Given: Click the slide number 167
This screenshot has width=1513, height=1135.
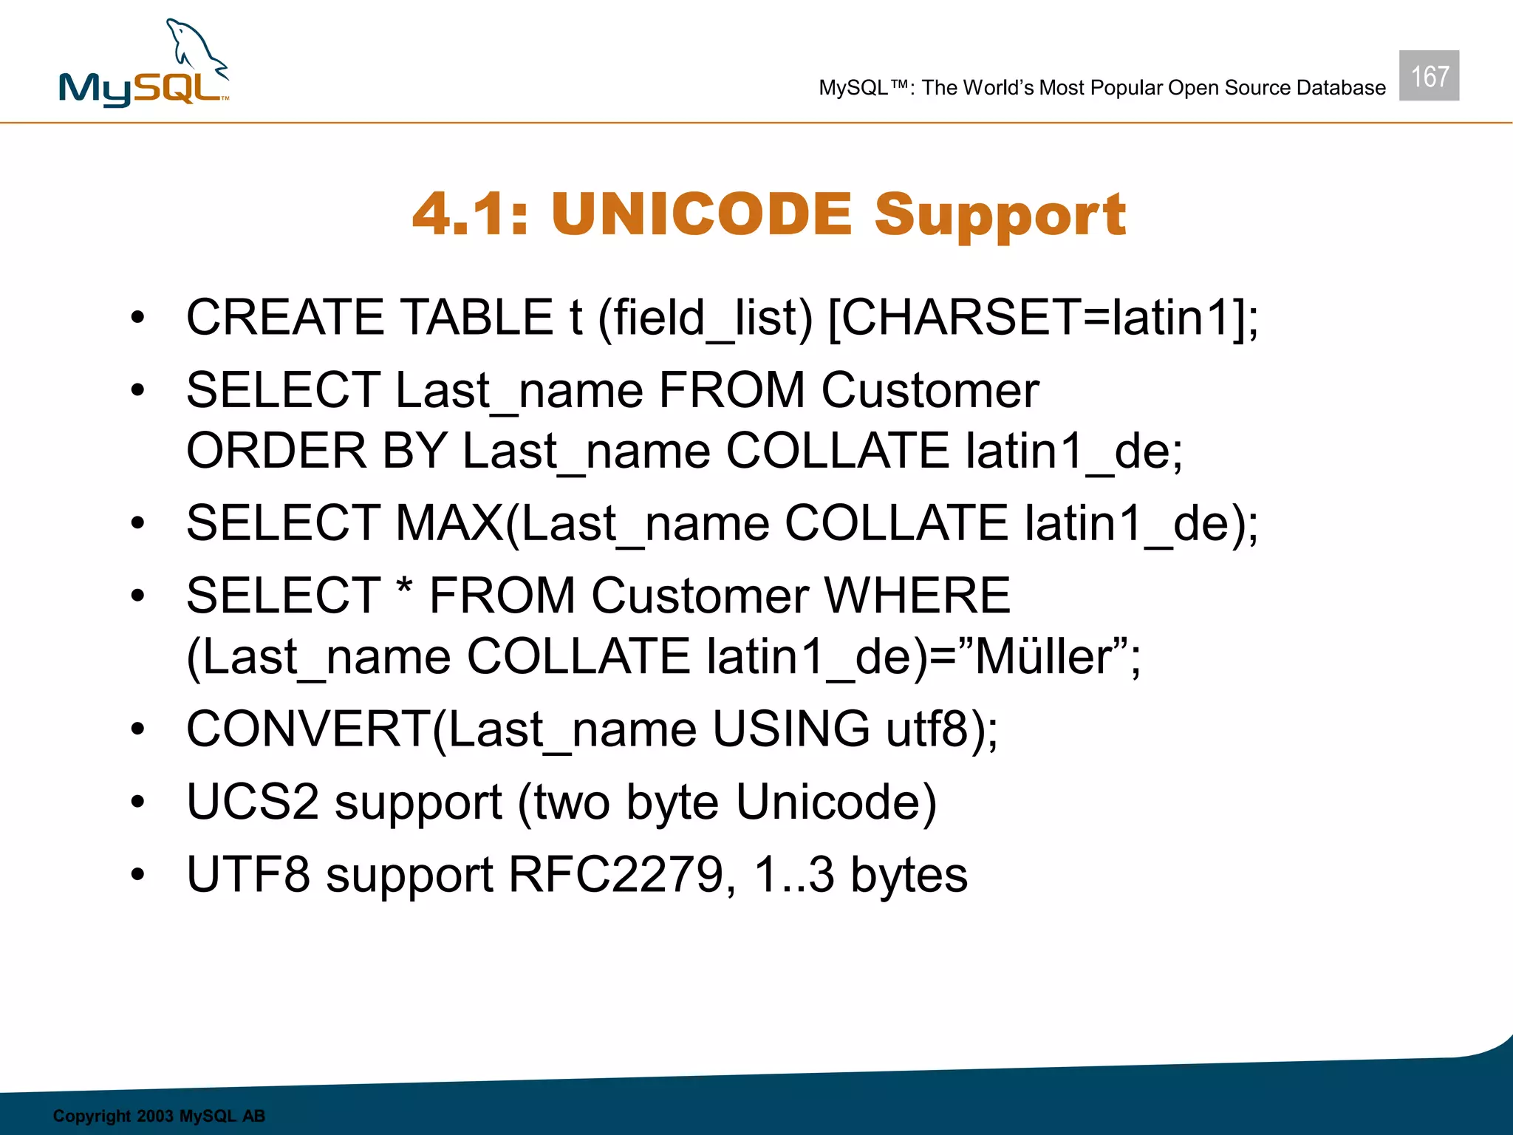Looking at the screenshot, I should (x=1429, y=76).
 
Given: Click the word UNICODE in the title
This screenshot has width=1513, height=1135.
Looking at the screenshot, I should (x=701, y=214).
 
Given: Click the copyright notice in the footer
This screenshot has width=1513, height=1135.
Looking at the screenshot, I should (x=159, y=1116).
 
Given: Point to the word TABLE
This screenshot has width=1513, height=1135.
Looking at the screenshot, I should (x=477, y=318).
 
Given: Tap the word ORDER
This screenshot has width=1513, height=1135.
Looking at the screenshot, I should (x=276, y=451).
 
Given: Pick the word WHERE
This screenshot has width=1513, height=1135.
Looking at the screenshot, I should (x=917, y=596).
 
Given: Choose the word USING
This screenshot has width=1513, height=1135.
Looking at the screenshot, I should (x=790, y=729).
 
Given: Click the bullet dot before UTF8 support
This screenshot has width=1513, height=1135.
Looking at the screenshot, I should (x=137, y=876).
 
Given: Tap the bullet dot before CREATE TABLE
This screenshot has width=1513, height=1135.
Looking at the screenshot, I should (x=137, y=318).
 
